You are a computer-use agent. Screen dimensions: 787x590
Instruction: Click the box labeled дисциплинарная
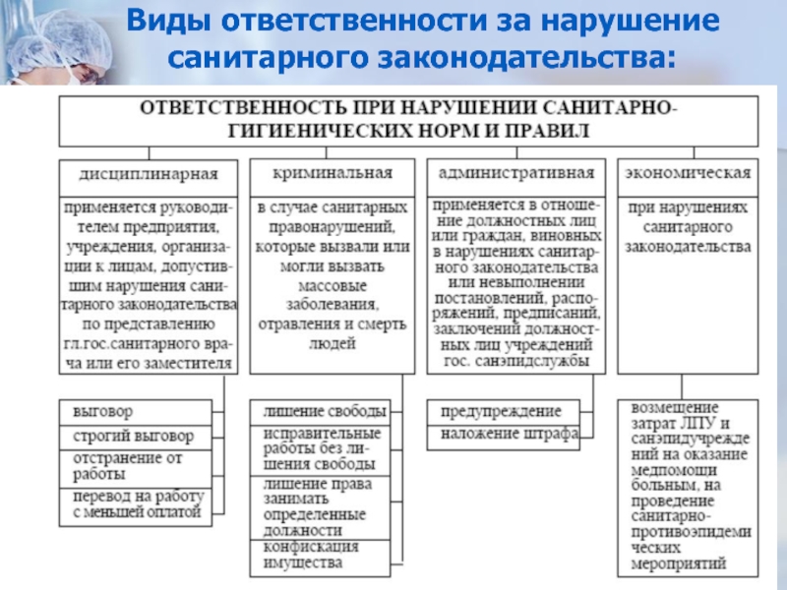[148, 175]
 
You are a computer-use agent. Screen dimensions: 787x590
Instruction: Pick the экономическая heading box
[687, 173]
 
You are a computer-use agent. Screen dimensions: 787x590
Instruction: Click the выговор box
[136, 409]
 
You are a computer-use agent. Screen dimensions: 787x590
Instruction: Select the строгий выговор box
[136, 435]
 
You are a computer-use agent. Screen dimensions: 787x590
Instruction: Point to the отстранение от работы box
[136, 465]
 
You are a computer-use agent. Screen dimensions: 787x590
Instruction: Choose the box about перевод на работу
[136, 503]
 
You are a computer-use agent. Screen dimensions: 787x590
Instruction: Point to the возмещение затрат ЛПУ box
[687, 486]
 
